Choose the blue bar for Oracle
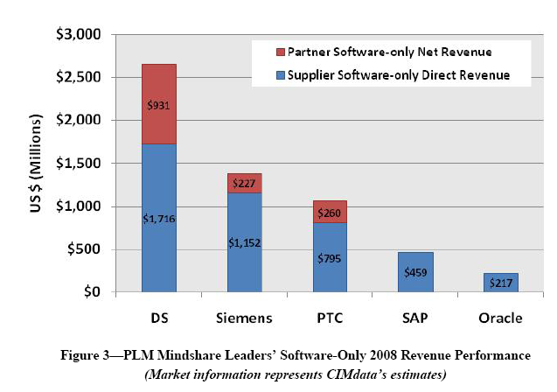click(x=500, y=283)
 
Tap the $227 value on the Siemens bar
click(x=244, y=183)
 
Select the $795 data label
click(x=329, y=257)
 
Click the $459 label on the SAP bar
click(x=415, y=272)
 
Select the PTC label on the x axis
click(x=329, y=315)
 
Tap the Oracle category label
click(x=500, y=315)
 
